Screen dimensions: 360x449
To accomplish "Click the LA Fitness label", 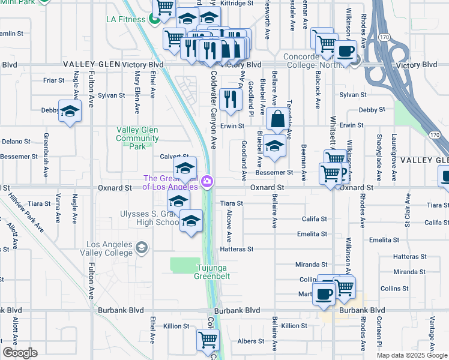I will (126, 19).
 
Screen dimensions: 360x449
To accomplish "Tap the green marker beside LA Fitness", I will (154, 19).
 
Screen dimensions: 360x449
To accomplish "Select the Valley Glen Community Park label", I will (137, 138).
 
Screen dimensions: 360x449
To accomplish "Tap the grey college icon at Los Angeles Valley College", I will (142, 247).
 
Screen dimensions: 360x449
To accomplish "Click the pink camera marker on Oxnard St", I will (208, 181).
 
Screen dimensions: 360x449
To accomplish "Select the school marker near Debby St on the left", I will (70, 111).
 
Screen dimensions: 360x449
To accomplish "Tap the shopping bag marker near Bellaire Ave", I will (279, 119).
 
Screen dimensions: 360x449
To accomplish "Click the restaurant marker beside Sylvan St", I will (231, 99).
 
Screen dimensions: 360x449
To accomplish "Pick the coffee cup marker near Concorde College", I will (346, 51).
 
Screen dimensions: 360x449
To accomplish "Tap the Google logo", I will (20, 353).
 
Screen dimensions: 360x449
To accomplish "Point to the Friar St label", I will (54, 80).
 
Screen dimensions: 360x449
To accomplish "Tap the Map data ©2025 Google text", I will (412, 355).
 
